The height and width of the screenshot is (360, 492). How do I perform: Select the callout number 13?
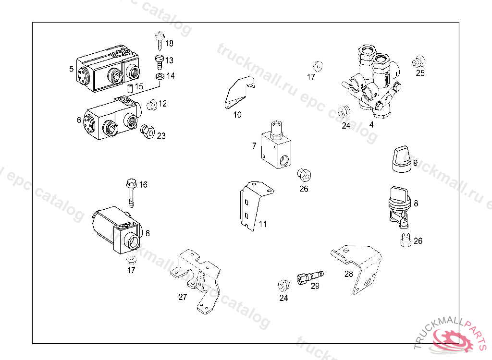coord(169,60)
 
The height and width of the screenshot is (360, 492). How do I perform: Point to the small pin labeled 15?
coord(129,88)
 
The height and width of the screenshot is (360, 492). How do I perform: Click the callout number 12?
coord(162,103)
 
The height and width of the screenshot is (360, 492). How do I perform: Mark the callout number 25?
coord(420,73)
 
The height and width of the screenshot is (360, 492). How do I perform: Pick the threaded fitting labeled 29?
coord(309,277)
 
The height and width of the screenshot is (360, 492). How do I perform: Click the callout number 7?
coord(254,145)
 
